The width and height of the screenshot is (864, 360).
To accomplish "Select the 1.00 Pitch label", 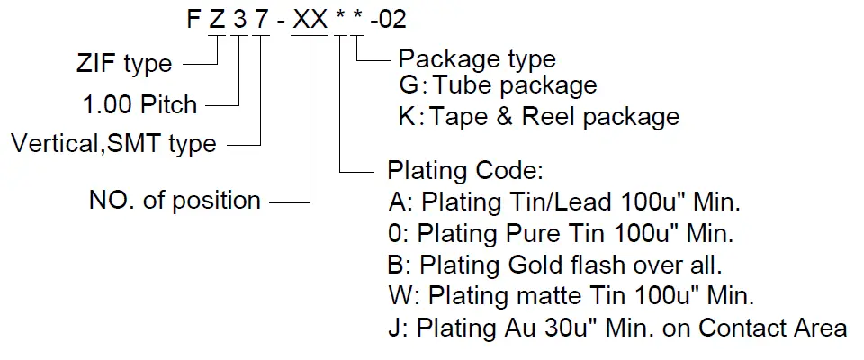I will (139, 104).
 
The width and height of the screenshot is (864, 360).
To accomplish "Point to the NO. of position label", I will (175, 200).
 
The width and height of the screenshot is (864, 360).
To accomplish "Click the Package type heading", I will (477, 59).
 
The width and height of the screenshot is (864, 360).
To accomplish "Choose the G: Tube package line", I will (498, 86).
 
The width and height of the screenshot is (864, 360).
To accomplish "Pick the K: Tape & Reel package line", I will (538, 117).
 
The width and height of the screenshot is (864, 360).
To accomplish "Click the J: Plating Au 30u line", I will (616, 328).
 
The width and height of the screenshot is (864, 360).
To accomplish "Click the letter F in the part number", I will (193, 20).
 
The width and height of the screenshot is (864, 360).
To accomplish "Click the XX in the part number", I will (310, 20).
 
